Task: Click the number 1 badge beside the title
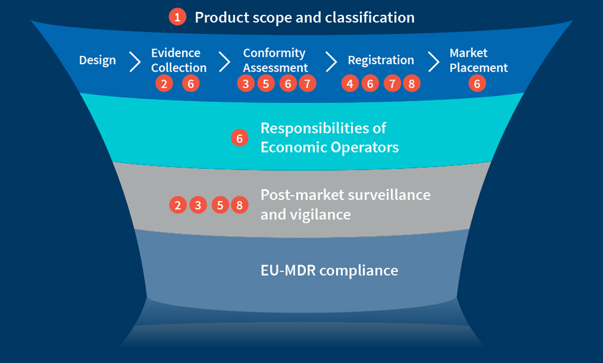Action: [177, 17]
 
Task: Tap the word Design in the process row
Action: [97, 60]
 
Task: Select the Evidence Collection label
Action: [178, 60]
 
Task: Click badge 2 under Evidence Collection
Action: [164, 84]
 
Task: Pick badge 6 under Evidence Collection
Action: [190, 84]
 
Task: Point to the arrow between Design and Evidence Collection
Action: [135, 61]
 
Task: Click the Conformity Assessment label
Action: [275, 60]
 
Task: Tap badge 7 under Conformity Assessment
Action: [307, 84]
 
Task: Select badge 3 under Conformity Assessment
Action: [245, 84]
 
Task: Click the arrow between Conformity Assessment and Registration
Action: [331, 61]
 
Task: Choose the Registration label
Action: [381, 60]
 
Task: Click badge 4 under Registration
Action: [350, 84]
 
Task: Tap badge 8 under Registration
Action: [411, 84]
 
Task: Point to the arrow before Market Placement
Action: [434, 61]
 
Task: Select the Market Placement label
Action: [478, 60]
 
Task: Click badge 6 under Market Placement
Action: [477, 84]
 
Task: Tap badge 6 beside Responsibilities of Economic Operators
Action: [239, 139]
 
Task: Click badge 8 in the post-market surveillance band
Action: [239, 205]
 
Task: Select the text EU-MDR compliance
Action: [329, 270]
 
